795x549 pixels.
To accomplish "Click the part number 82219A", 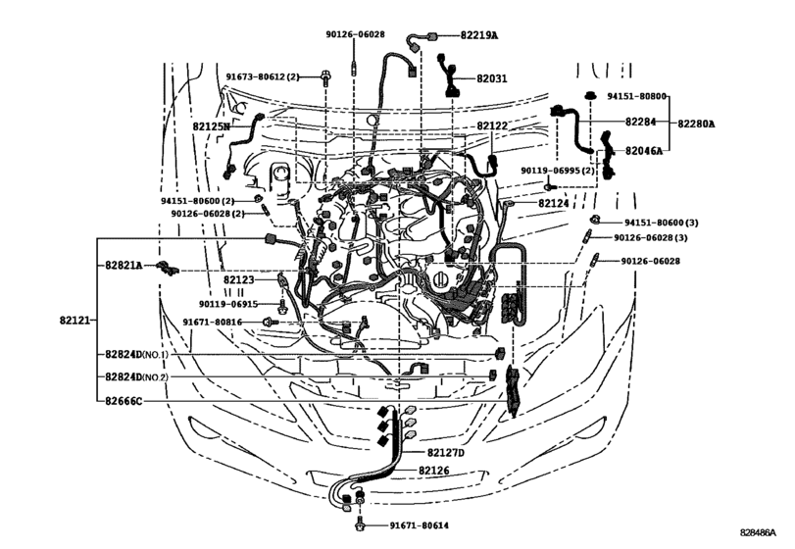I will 478,35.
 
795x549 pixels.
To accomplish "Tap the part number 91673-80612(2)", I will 262,76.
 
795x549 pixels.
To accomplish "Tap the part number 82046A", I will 644,151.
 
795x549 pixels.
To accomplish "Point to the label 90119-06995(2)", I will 558,171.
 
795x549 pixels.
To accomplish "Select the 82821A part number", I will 124,266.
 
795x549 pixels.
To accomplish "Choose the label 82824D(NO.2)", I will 137,376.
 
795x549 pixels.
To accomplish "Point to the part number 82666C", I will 124,400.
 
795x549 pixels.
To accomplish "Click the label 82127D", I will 446,453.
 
